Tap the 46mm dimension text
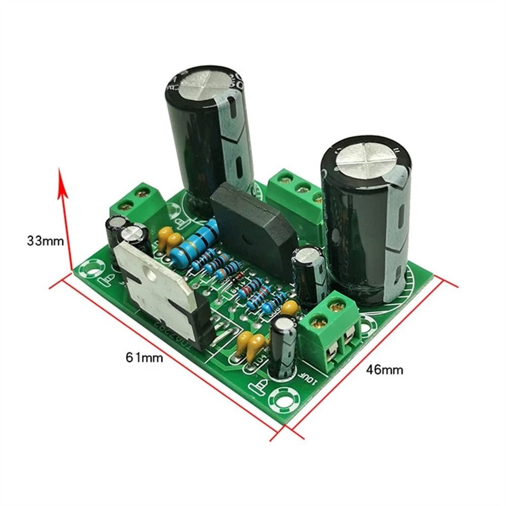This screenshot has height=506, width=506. click(385, 370)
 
